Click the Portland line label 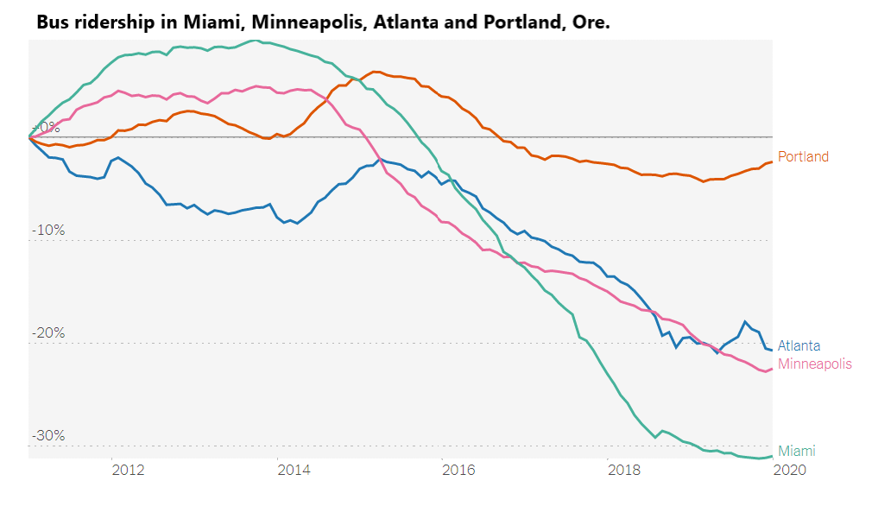[803, 157]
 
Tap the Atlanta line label [799, 345]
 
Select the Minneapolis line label [814, 364]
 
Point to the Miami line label [796, 451]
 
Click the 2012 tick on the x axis [127, 470]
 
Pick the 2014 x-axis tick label [294, 470]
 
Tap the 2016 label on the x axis [458, 470]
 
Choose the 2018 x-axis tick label [624, 470]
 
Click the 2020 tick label [789, 470]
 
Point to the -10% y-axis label [48, 231]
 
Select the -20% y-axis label [48, 333]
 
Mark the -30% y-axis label [48, 435]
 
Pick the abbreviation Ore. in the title [591, 22]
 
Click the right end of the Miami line [772, 456]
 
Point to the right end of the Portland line [772, 161]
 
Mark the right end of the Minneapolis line [772, 369]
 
